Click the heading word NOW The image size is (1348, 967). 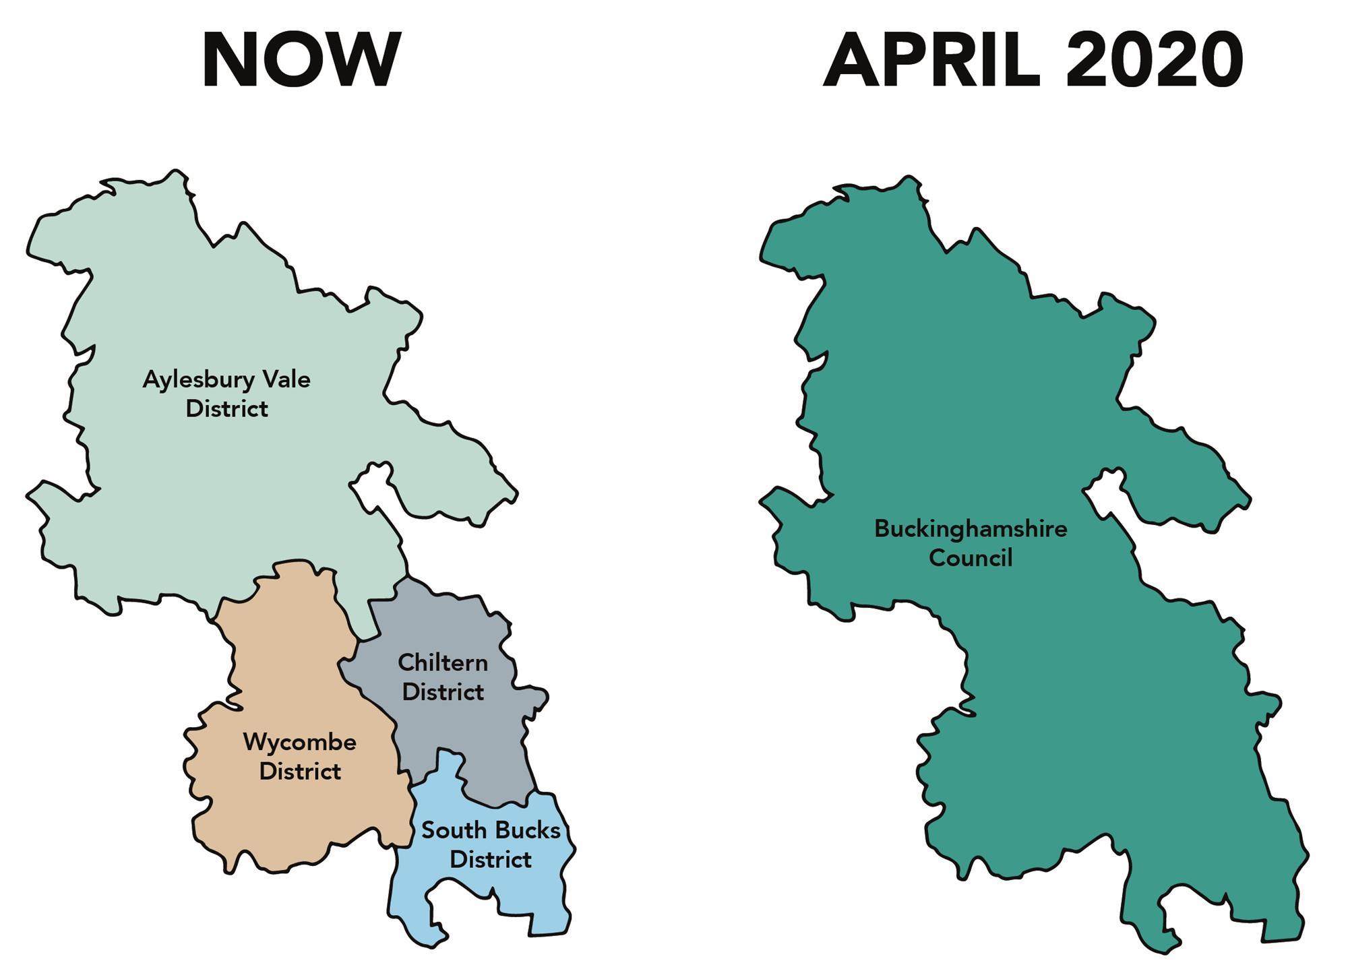(x=301, y=61)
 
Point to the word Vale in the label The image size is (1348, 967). (x=286, y=379)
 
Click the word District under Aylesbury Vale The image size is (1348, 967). (x=226, y=409)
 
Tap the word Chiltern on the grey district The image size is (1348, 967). (x=443, y=662)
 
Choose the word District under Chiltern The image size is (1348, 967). (x=443, y=692)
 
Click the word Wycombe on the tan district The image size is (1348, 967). (x=299, y=743)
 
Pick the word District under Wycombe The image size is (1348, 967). (x=299, y=772)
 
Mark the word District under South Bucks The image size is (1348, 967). (x=491, y=860)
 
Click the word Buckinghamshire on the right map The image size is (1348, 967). (x=971, y=529)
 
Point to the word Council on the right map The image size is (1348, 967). (x=971, y=558)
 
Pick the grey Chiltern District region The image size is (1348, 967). (x=465, y=735)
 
